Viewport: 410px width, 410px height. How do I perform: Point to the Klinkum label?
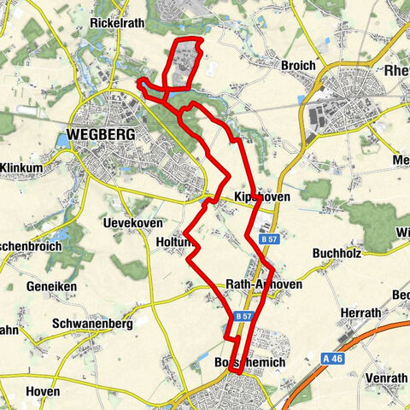22,167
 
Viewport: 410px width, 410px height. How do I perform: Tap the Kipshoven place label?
261,197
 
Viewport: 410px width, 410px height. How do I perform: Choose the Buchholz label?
340,254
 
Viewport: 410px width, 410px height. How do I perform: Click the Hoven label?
43,391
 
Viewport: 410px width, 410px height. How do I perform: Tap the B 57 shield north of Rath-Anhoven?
270,240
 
